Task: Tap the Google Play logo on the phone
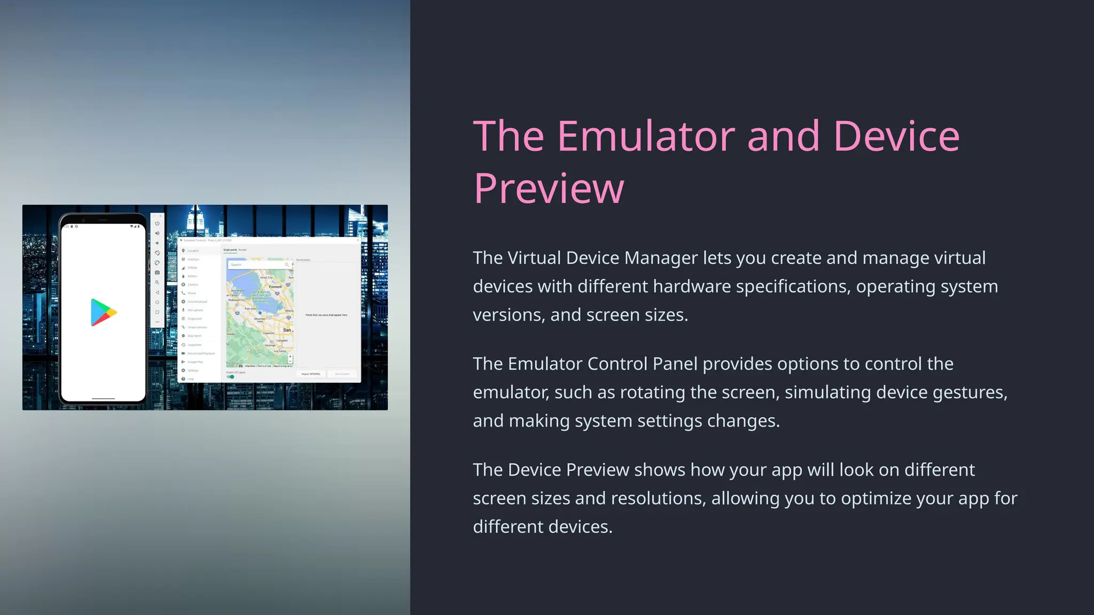(x=103, y=312)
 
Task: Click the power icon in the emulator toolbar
(x=157, y=223)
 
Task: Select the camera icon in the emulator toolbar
(x=157, y=272)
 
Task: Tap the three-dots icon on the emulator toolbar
(x=157, y=322)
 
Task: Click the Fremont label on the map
(x=275, y=287)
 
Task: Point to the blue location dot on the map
(x=260, y=313)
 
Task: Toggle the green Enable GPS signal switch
(x=230, y=377)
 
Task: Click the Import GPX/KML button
(x=311, y=374)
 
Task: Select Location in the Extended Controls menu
(x=193, y=250)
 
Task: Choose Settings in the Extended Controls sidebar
(x=192, y=370)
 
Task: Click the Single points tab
(x=230, y=250)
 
